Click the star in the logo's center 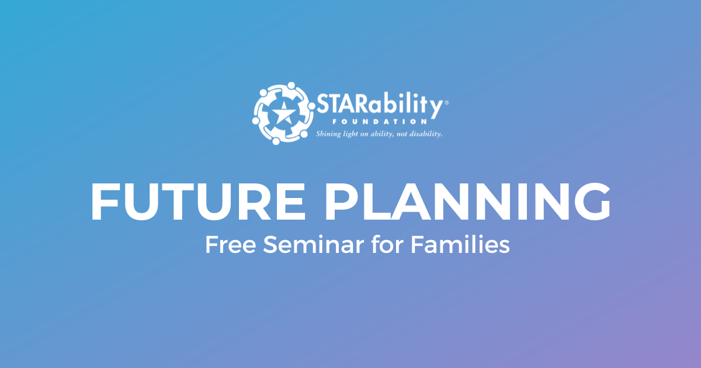pyautogui.click(x=282, y=114)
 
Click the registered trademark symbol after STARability pyautogui.click(x=447, y=102)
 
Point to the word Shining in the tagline pyautogui.click(x=329, y=134)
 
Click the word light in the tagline pyautogui.click(x=352, y=134)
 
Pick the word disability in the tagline pyautogui.click(x=426, y=134)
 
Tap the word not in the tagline pyautogui.click(x=401, y=134)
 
